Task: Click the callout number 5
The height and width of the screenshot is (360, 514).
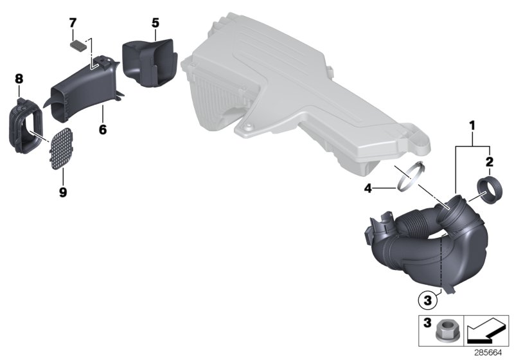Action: click(x=155, y=22)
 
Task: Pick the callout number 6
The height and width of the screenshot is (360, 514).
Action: click(x=102, y=129)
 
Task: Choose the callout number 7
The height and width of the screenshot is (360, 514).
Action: click(x=73, y=23)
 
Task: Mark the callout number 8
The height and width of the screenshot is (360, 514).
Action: click(x=19, y=79)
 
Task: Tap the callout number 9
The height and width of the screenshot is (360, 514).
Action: click(x=63, y=192)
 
